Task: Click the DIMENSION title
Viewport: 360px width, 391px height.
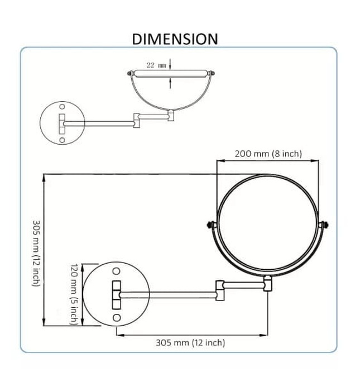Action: click(x=175, y=39)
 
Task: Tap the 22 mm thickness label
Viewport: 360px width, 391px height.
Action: click(x=156, y=65)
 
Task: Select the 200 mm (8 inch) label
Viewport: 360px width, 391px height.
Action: click(x=268, y=154)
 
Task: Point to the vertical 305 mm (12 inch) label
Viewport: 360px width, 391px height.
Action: click(x=35, y=252)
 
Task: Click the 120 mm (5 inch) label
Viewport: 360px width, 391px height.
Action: click(x=74, y=294)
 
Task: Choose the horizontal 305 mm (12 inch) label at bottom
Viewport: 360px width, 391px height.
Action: click(x=190, y=342)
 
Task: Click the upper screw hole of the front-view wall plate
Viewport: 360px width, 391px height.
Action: click(x=117, y=271)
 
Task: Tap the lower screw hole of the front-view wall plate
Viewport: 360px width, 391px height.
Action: click(x=117, y=317)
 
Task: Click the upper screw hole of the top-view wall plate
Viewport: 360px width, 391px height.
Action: click(x=62, y=106)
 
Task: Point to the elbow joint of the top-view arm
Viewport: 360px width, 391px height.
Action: click(x=137, y=120)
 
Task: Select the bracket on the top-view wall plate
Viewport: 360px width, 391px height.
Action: click(x=62, y=122)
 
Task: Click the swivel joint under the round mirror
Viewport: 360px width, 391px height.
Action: click(x=268, y=284)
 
